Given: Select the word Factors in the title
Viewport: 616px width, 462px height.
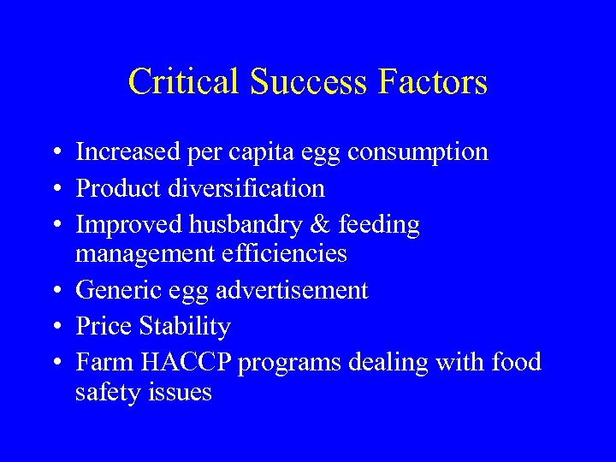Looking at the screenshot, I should pyautogui.click(x=435, y=82).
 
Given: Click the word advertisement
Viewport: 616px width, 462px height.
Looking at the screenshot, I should pyautogui.click(x=292, y=291).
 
